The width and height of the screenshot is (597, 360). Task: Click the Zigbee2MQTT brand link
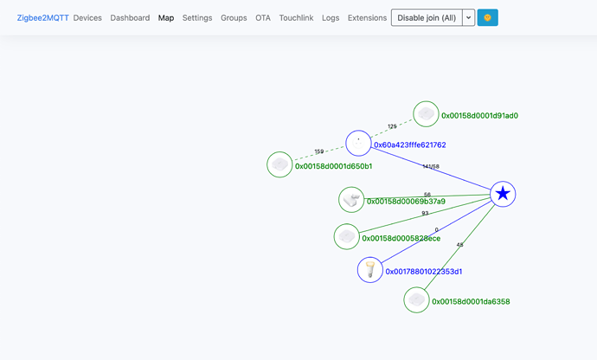click(x=42, y=18)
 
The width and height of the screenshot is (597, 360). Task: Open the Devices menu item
click(x=87, y=18)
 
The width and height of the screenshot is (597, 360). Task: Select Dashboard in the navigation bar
click(x=130, y=18)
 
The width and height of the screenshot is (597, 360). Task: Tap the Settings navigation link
click(x=197, y=18)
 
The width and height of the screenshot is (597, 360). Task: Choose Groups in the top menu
click(x=234, y=18)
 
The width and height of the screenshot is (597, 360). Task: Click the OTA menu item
click(x=263, y=18)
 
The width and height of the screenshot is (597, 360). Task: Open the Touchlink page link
click(x=296, y=18)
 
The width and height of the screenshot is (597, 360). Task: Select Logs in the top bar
click(x=331, y=18)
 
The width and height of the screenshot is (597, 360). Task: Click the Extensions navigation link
click(x=367, y=18)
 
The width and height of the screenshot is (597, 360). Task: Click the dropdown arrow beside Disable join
click(x=469, y=17)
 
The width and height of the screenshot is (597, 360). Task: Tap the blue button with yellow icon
click(x=487, y=17)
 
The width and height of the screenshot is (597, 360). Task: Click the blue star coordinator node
click(x=503, y=194)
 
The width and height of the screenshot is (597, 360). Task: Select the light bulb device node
click(x=370, y=270)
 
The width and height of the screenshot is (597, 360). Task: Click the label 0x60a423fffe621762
click(x=409, y=145)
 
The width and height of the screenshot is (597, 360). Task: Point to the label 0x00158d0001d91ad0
click(x=479, y=115)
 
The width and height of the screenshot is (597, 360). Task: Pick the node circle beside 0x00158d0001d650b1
click(x=279, y=164)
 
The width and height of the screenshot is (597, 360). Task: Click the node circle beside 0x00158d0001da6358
click(x=416, y=299)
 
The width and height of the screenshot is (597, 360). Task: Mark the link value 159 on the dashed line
click(x=319, y=151)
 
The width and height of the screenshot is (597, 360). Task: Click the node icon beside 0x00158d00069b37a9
click(x=351, y=200)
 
